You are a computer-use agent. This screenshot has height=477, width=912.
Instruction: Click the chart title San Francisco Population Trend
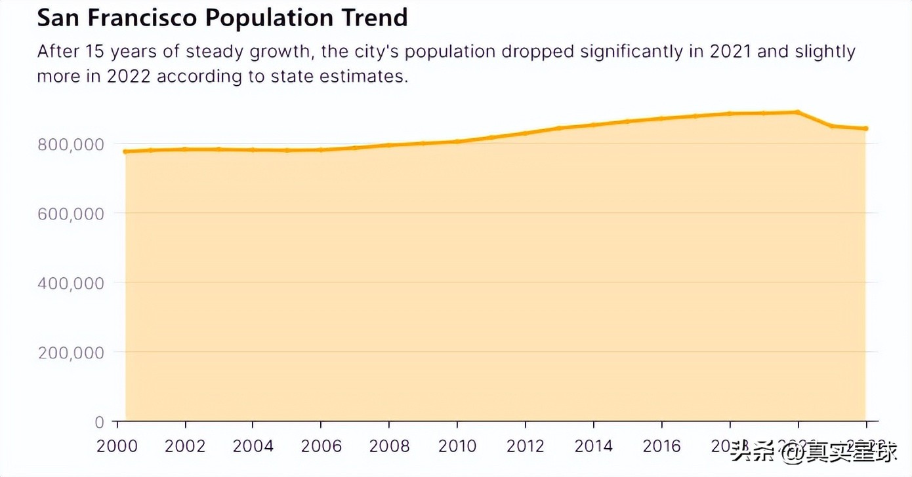[x=222, y=18]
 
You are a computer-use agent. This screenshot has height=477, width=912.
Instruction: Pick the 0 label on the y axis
[x=99, y=422]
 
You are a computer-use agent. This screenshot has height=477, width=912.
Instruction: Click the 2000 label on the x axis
[x=117, y=447]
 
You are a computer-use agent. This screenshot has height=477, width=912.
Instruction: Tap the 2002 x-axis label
[x=185, y=447]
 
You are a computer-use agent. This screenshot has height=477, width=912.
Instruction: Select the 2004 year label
[x=253, y=447]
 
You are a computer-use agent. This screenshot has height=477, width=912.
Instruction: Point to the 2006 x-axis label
[x=321, y=447]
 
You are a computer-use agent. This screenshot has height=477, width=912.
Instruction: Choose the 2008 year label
[x=390, y=447]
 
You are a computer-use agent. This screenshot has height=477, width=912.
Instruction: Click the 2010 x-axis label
[x=457, y=447]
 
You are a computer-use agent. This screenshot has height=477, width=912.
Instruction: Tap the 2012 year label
[x=526, y=447]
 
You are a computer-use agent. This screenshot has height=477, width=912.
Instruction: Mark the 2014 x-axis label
[x=594, y=447]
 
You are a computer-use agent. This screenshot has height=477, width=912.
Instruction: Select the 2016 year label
[x=661, y=447]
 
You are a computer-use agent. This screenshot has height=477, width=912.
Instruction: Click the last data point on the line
[x=866, y=128]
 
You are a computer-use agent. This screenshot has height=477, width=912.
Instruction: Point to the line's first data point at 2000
[x=125, y=151]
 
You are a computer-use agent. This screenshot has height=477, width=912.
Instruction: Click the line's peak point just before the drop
[x=798, y=112]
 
